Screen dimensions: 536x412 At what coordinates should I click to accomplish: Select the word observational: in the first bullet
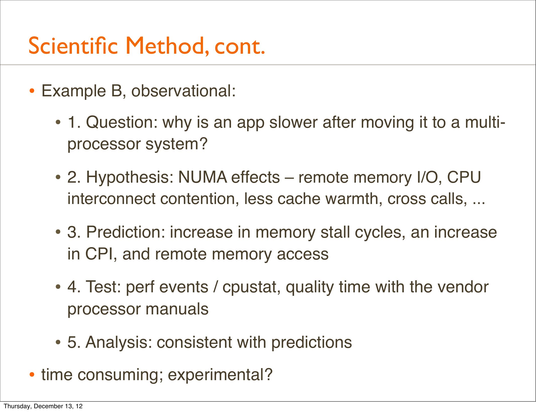pyautogui.click(x=184, y=91)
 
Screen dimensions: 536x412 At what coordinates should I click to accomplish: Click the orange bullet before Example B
pyautogui.click(x=32, y=91)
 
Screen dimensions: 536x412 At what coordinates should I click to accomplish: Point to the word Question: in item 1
pyautogui.click(x=122, y=123)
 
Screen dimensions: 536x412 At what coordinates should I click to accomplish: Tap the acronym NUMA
pyautogui.click(x=202, y=177)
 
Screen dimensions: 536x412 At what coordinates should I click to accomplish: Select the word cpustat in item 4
pyautogui.click(x=251, y=287)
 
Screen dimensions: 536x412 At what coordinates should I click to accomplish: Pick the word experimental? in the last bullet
pyautogui.click(x=220, y=375)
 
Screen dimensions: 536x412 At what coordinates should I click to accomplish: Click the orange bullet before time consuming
pyautogui.click(x=32, y=375)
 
